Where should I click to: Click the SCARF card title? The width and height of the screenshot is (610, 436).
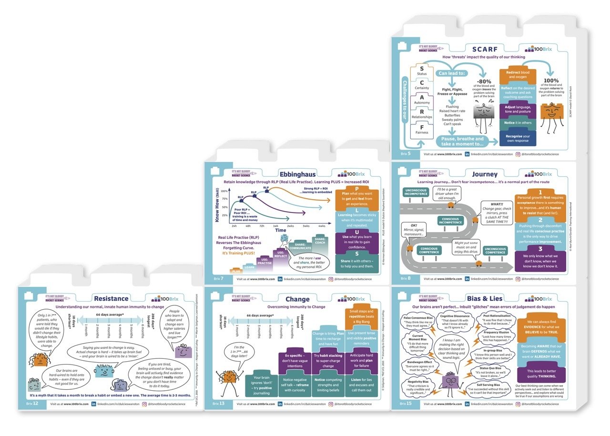(x=485, y=49)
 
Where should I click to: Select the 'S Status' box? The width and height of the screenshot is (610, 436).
(x=422, y=71)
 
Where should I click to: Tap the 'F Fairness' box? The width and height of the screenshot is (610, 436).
(x=422, y=129)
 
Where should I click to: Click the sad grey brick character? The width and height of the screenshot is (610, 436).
(x=486, y=115)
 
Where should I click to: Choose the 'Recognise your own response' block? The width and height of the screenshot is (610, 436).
(x=518, y=138)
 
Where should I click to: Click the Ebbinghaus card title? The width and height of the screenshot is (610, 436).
(x=296, y=174)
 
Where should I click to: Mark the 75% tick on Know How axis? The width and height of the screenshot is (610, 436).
(x=224, y=199)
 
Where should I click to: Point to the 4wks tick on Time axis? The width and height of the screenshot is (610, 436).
(x=322, y=225)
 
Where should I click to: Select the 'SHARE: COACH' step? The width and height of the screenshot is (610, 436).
(x=320, y=241)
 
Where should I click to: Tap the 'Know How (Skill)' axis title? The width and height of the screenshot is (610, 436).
(x=217, y=205)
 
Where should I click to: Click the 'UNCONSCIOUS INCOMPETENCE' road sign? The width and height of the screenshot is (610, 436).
(x=416, y=193)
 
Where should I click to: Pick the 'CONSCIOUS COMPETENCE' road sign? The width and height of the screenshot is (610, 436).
(x=429, y=250)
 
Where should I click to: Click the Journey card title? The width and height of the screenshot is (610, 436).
(x=485, y=174)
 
